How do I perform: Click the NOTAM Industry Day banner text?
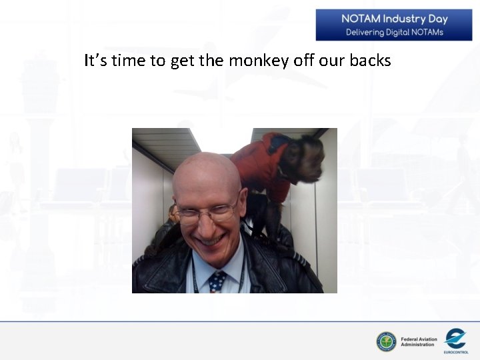394,19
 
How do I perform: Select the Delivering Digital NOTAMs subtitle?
394,32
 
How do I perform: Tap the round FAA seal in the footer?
386,342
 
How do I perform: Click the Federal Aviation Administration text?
419,342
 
